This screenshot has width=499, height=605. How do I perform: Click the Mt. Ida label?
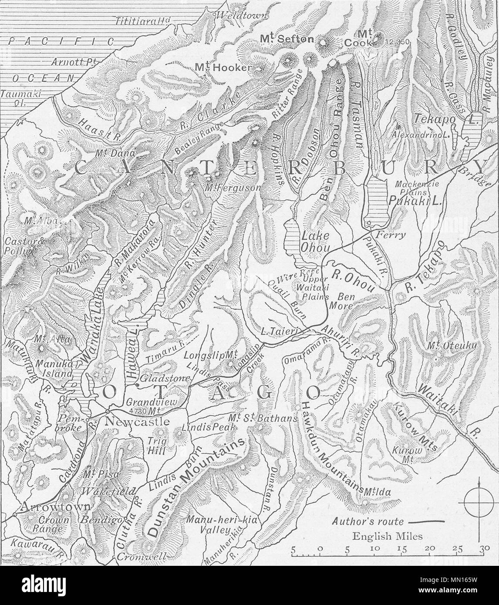[378, 492]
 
